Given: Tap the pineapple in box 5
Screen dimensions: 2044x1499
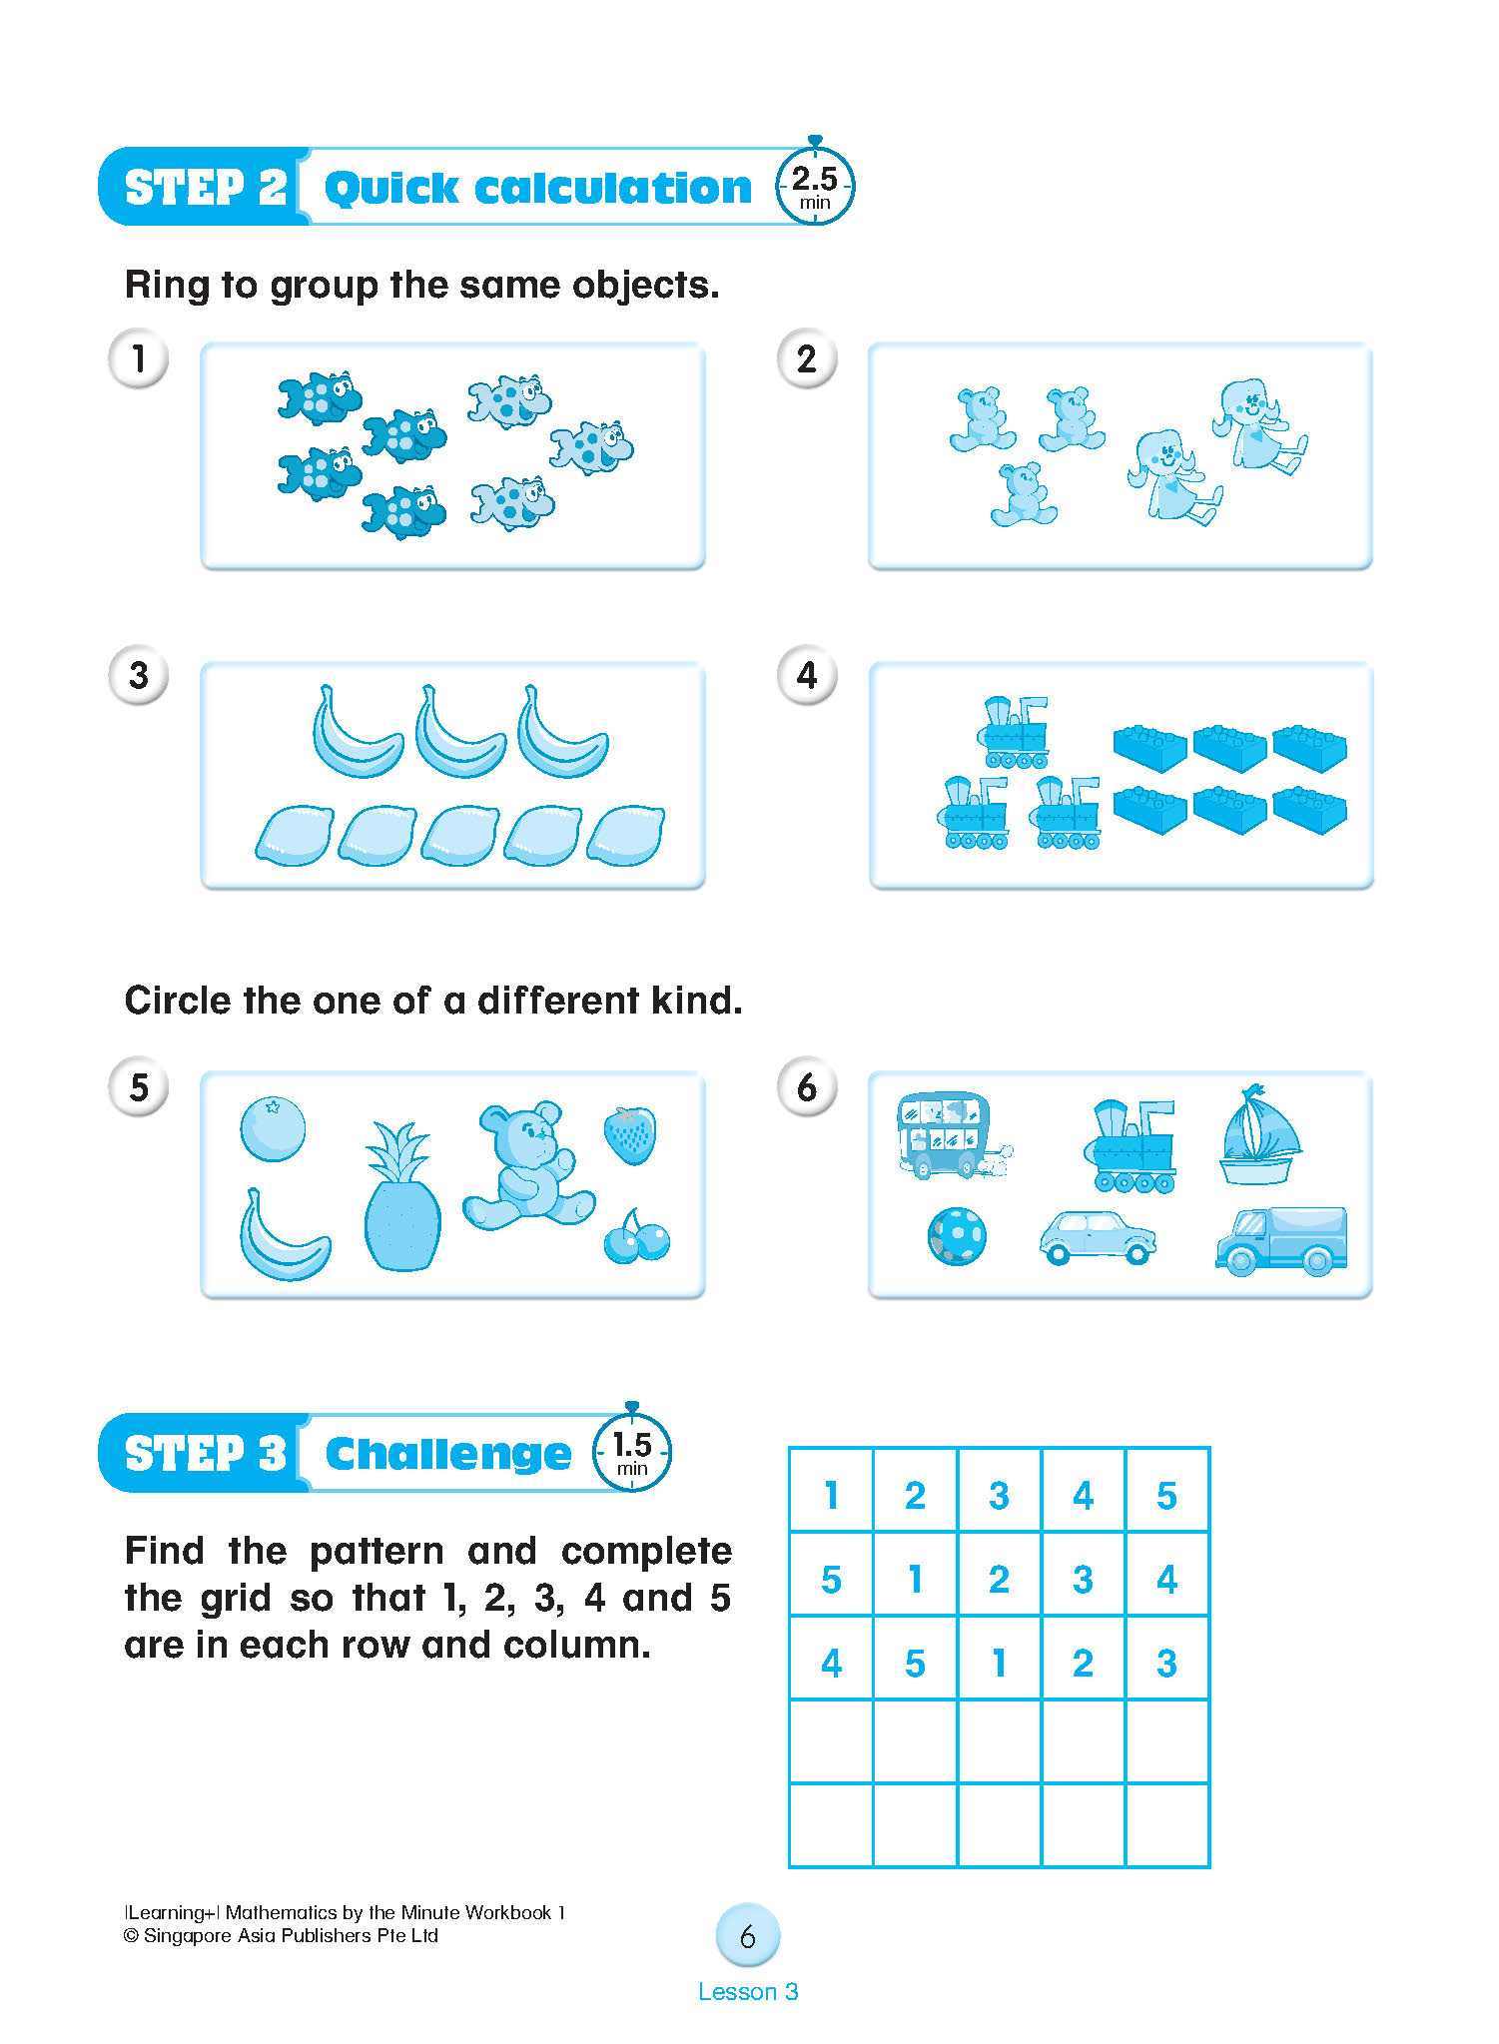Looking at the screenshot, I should [x=401, y=1199].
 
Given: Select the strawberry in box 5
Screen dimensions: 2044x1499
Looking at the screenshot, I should [x=630, y=1133].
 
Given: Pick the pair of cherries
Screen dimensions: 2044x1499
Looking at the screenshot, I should [x=636, y=1238].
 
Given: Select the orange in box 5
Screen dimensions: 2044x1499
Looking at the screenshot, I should [x=273, y=1128].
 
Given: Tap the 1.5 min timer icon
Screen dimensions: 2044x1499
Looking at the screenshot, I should [x=631, y=1451].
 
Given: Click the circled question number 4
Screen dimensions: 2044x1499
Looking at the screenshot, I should [x=807, y=676].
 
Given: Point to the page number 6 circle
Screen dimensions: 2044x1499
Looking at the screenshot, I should [x=748, y=1937].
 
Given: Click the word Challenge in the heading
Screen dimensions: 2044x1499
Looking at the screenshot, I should [x=448, y=1454].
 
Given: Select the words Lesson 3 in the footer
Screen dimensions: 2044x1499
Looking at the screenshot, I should [x=748, y=1992].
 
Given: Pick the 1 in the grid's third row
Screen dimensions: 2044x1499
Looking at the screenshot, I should [x=999, y=1664].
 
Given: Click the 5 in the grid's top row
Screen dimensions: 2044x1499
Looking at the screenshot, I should [x=1166, y=1496].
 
